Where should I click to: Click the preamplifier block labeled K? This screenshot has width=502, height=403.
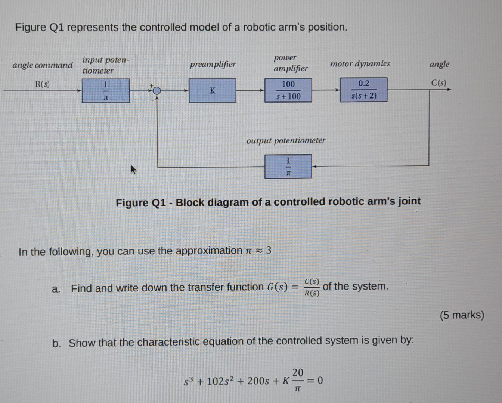pyautogui.click(x=212, y=90)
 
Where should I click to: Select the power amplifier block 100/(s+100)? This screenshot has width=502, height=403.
pyautogui.click(x=288, y=90)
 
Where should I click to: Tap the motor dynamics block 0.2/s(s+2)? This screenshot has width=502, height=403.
pyautogui.click(x=363, y=90)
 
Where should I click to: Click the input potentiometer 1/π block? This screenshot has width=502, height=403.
pyautogui.click(x=106, y=90)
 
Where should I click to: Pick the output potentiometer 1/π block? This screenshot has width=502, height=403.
pyautogui.click(x=288, y=166)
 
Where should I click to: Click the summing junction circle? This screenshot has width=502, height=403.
pyautogui.click(x=157, y=90)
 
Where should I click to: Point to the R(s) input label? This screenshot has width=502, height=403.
pyautogui.click(x=42, y=84)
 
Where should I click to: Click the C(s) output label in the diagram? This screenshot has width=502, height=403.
pyautogui.click(x=439, y=83)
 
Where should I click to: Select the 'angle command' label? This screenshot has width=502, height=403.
pyautogui.click(x=43, y=65)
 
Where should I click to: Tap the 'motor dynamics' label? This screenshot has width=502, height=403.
pyautogui.click(x=360, y=64)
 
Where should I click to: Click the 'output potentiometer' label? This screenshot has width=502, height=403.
pyautogui.click(x=286, y=140)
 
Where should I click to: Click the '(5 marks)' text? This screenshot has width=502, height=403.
pyautogui.click(x=462, y=315)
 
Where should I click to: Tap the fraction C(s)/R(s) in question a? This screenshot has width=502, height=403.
pyautogui.click(x=312, y=287)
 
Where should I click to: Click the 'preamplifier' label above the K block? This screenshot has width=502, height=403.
pyautogui.click(x=213, y=64)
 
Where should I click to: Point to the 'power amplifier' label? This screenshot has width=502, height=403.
pyautogui.click(x=290, y=63)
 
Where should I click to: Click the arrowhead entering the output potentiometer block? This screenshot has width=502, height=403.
pyautogui.click(x=314, y=166)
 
